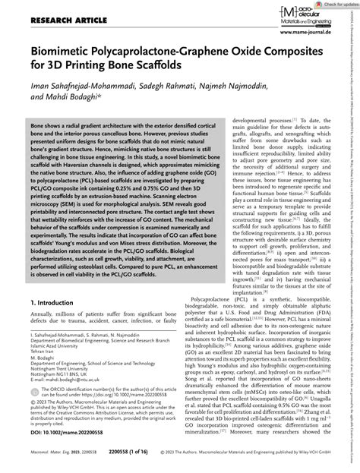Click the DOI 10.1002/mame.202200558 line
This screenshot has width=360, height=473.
click(66, 432)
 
